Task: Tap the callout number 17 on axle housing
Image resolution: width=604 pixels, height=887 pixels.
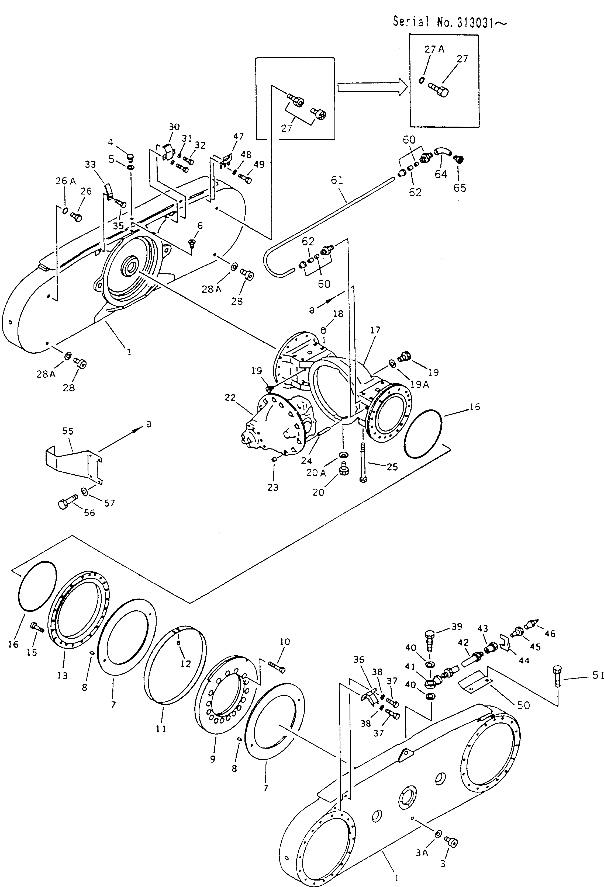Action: click(375, 330)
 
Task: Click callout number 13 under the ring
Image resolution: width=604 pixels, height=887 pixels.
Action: click(62, 675)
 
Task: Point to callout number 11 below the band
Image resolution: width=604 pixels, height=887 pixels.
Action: click(161, 729)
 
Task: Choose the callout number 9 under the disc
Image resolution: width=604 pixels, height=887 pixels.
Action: click(212, 759)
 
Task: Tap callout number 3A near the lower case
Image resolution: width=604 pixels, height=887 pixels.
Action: click(422, 853)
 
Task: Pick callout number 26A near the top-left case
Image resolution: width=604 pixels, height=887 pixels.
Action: click(66, 181)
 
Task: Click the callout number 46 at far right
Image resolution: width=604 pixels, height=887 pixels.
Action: click(550, 634)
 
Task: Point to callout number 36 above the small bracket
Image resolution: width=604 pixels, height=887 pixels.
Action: click(359, 659)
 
